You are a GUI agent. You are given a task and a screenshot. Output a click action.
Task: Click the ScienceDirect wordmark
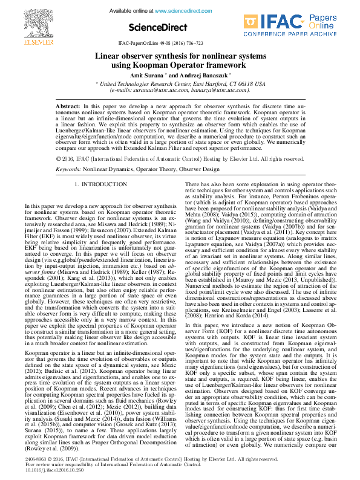[154, 27]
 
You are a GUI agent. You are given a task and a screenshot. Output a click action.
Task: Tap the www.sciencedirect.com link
[181, 11]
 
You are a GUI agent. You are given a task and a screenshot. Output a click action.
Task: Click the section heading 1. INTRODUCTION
[100, 183]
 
